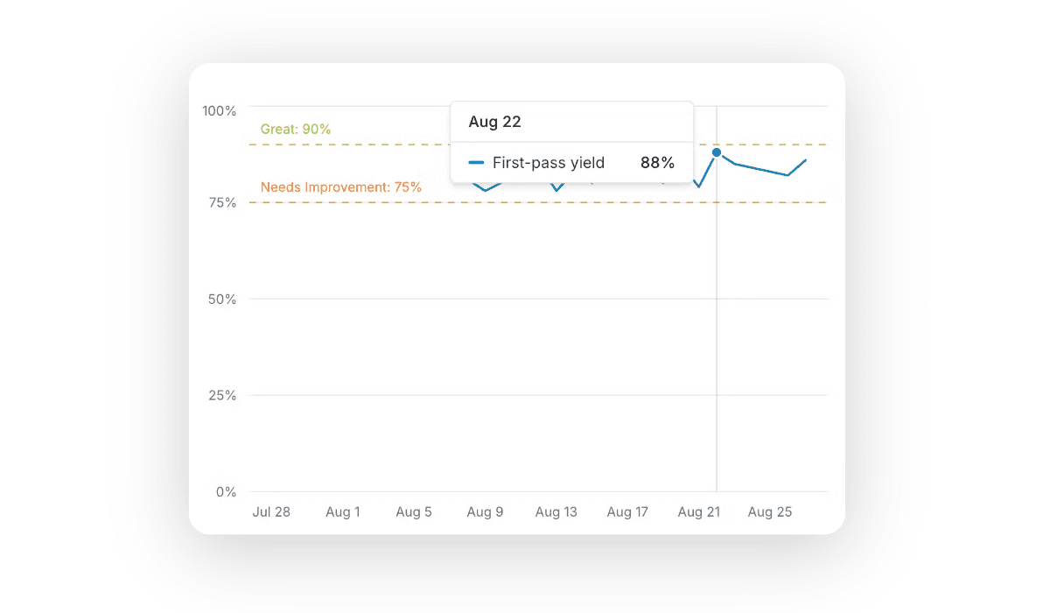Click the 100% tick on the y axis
(220, 110)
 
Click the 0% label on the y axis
(226, 491)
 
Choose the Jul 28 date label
(271, 512)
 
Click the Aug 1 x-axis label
(343, 512)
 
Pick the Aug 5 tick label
(414, 512)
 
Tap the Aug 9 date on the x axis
(486, 512)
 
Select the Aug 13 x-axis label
(556, 512)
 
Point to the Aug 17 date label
(627, 512)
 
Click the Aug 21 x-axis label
(698, 512)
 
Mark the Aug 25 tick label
(770, 512)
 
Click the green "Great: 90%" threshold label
(296, 129)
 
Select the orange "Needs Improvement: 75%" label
(341, 187)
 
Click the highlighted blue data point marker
(717, 152)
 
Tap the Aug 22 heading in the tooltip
(495, 122)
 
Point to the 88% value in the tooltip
(657, 162)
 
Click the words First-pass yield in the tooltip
(549, 162)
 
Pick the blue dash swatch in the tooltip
(476, 162)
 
